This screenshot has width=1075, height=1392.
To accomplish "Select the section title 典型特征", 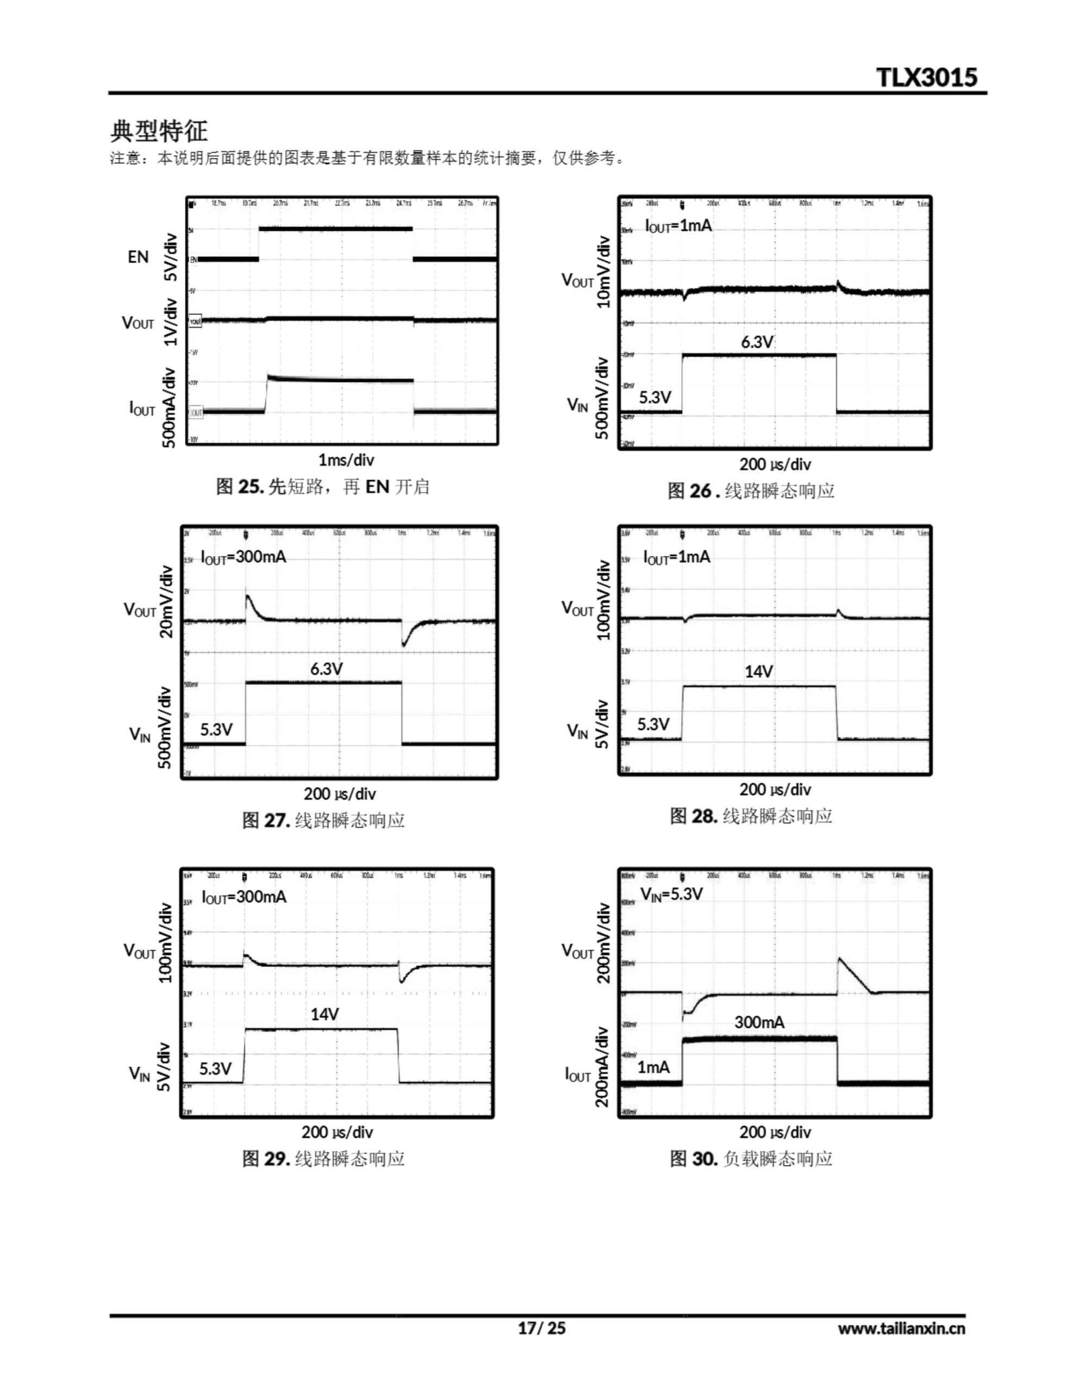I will point(159,130).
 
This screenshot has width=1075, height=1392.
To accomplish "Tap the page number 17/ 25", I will point(541,1328).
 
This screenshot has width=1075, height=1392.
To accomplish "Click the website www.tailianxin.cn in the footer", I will point(901,1328).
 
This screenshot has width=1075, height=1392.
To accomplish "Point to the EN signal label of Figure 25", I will point(137,257).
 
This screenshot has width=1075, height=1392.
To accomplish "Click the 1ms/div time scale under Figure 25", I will point(346,459).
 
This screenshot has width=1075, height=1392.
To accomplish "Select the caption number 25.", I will point(251,487).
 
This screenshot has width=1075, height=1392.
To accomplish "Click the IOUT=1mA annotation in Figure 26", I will point(678,226).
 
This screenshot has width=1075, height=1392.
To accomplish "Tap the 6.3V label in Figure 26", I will point(757,342).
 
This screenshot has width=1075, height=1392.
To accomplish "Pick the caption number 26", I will point(701,491).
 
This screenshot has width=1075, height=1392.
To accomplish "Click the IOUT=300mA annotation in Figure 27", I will point(243,557).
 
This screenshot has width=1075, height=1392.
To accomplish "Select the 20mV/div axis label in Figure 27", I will point(166,601).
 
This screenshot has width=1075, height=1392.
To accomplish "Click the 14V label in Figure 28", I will point(758,671).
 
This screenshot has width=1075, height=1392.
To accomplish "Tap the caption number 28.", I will point(704,816).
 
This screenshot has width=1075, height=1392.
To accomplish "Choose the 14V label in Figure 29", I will point(324,1014).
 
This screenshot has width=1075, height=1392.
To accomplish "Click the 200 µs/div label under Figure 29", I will point(336,1132).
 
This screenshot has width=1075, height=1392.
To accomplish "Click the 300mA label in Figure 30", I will point(759,1022).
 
